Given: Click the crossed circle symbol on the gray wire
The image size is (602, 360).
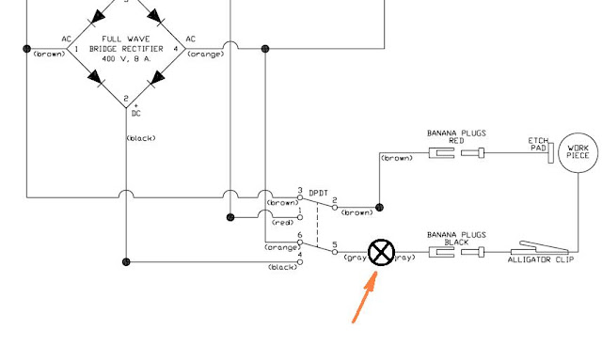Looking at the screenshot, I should pyautogui.click(x=381, y=252).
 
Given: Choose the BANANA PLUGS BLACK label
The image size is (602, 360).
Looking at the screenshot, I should pyautogui.click(x=455, y=238).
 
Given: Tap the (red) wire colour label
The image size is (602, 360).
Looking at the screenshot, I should pyautogui.click(x=281, y=223).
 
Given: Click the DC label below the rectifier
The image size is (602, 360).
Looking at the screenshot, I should pyautogui.click(x=135, y=113).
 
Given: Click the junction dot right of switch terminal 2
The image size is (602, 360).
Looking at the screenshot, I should pyautogui.click(x=378, y=207).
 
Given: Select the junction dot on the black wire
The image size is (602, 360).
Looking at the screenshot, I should pyautogui.click(x=126, y=262).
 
